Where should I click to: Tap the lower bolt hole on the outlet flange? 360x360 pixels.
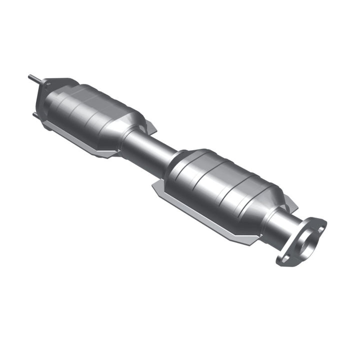[x=286, y=258]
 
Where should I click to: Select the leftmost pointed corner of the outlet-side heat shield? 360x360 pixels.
[x=153, y=186]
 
